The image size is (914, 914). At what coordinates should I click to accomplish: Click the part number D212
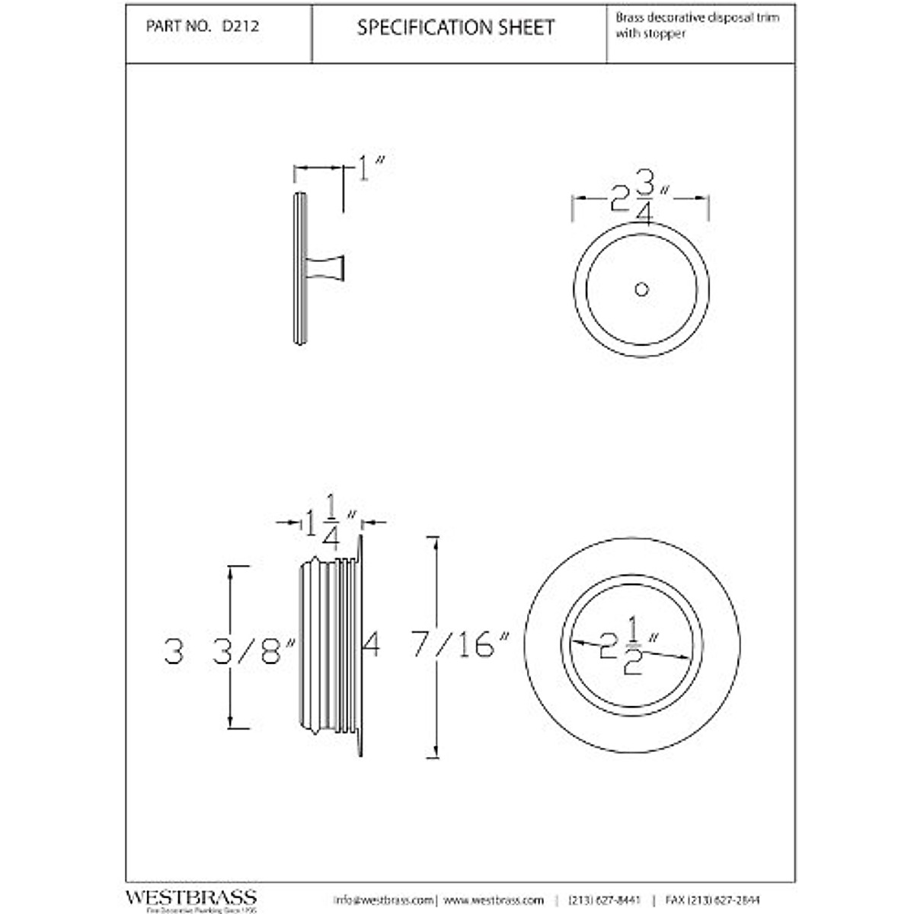240,26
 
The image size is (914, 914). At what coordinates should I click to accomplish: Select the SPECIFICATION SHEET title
456,27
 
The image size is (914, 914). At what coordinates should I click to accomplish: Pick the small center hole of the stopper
641,289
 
